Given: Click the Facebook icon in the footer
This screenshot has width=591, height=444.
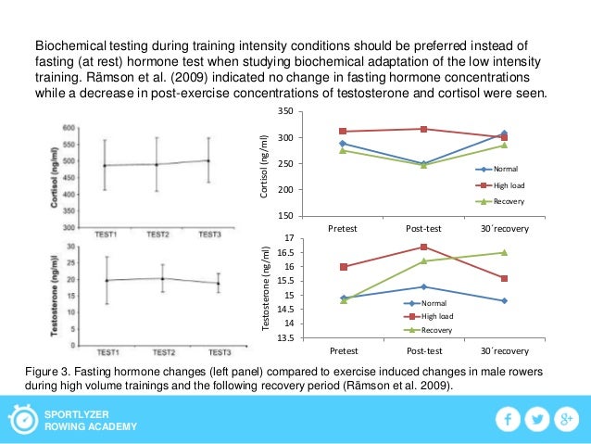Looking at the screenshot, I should (x=507, y=420).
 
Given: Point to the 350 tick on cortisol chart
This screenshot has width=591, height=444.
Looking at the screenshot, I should (x=285, y=112).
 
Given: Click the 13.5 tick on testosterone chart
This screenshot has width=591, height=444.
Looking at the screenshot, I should (x=283, y=338).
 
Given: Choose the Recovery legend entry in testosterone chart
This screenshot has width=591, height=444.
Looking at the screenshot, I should (x=434, y=330).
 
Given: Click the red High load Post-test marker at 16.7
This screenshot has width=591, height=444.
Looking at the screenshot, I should (x=423, y=247).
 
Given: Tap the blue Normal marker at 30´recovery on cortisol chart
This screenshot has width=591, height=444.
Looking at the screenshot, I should (x=504, y=133).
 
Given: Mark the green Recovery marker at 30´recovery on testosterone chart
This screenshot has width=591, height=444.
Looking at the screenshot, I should (x=504, y=252).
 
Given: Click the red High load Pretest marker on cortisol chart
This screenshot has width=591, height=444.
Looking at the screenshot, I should (x=342, y=132).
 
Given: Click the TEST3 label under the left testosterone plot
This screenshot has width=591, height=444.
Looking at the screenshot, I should (x=220, y=352).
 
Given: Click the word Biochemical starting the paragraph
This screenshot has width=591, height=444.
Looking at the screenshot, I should (x=69, y=44).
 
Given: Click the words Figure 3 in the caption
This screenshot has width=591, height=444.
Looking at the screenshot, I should (x=47, y=370).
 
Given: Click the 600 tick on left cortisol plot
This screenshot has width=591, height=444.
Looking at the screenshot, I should (x=69, y=128).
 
